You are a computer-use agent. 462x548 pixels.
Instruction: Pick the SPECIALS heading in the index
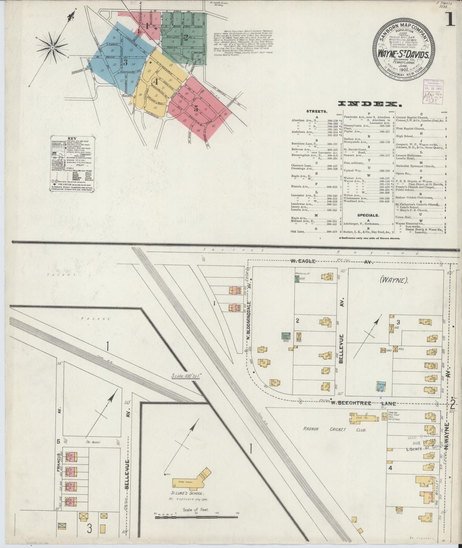pos(368,215)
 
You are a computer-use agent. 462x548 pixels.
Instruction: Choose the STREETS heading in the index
pos(317,112)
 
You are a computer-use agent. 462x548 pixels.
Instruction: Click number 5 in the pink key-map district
pos(195,108)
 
